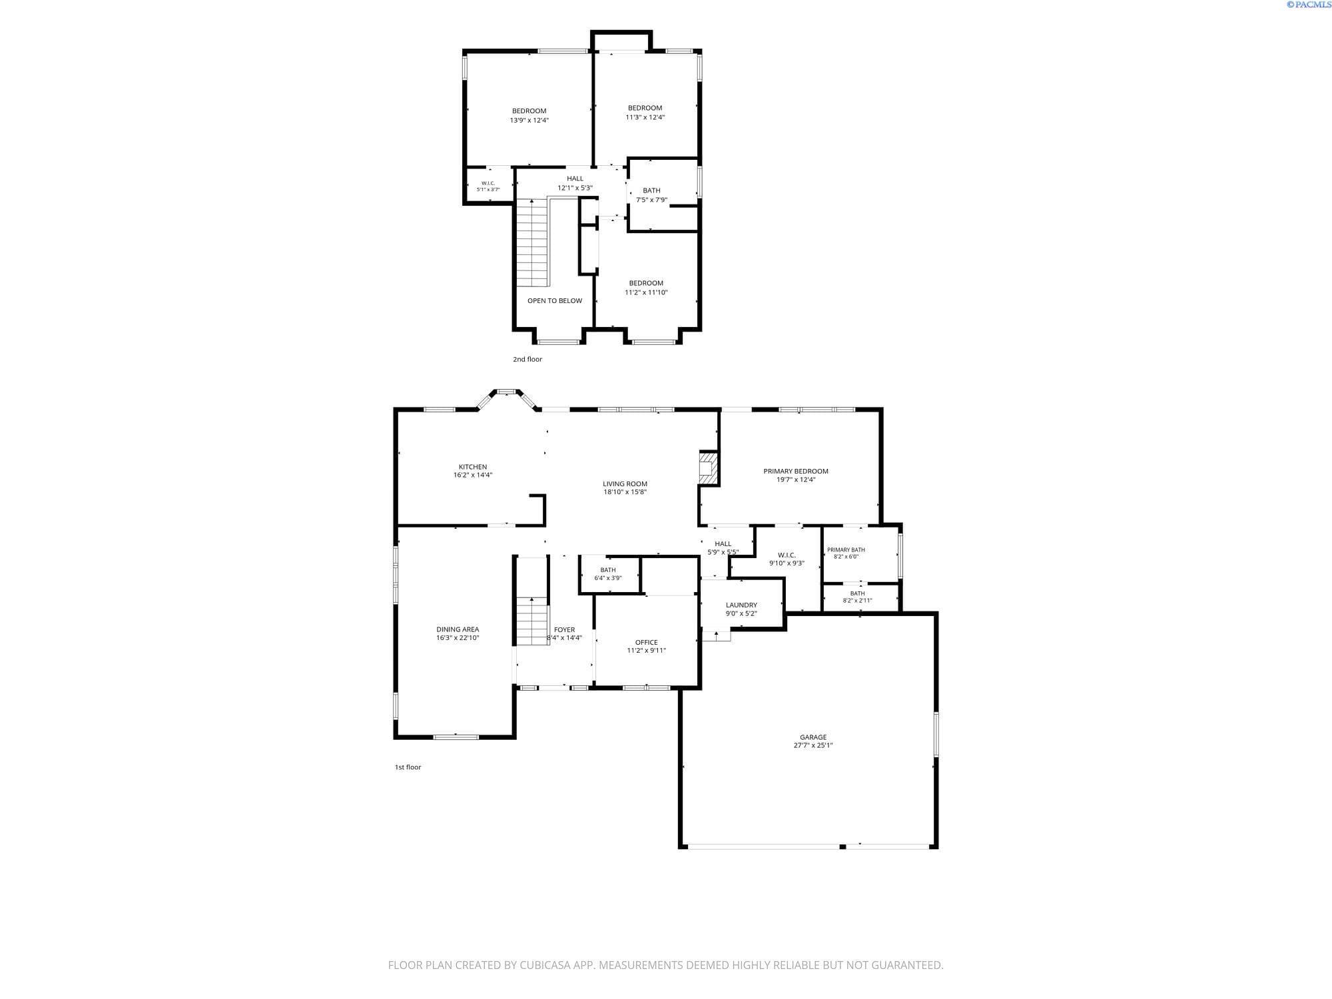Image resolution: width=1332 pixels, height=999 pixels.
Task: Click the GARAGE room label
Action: (x=813, y=737)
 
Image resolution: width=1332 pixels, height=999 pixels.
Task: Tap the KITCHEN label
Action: (x=473, y=467)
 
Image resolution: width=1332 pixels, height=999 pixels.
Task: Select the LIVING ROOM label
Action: (x=625, y=484)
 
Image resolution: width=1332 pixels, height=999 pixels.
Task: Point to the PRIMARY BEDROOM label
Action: (x=796, y=472)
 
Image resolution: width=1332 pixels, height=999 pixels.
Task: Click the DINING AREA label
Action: (x=458, y=629)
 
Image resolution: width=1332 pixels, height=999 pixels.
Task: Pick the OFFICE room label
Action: (x=647, y=643)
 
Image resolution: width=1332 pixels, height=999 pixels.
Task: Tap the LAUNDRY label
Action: (x=741, y=605)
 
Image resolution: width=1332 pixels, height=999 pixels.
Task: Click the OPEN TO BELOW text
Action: (x=555, y=301)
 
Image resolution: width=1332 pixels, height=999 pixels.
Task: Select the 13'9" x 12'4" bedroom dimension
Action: (x=529, y=121)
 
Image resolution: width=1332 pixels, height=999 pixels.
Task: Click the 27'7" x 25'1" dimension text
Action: (x=813, y=746)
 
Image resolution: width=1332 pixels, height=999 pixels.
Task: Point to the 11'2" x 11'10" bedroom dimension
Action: (x=646, y=292)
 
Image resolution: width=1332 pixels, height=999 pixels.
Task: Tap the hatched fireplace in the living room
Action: (x=707, y=468)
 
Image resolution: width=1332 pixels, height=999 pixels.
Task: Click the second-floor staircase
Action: (x=532, y=244)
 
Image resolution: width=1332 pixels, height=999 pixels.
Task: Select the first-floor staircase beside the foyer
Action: (x=532, y=621)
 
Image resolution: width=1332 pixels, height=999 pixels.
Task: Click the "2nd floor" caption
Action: (x=527, y=360)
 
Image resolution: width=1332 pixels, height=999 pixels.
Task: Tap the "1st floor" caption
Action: (x=408, y=767)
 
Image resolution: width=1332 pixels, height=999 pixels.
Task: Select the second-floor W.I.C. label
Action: (x=488, y=183)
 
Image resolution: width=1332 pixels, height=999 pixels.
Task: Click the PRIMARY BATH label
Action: (x=846, y=550)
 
